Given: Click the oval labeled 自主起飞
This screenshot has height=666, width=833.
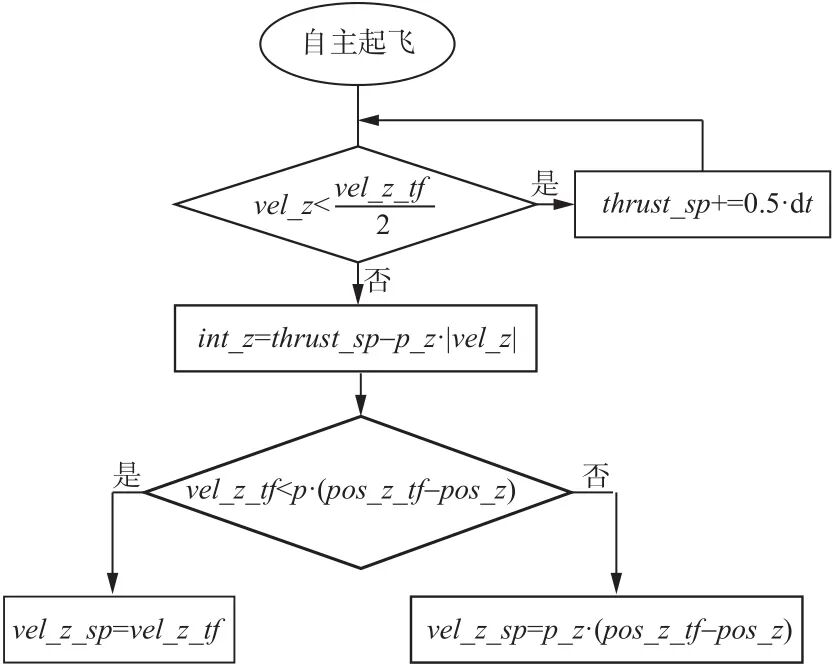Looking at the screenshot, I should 358,44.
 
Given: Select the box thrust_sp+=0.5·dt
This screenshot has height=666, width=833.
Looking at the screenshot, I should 703,204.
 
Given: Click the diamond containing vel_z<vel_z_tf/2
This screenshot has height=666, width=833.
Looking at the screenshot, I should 357,204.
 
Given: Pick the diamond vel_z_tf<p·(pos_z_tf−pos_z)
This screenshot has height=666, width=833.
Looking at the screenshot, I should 358,490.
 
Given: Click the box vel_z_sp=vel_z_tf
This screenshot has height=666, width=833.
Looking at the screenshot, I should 118,629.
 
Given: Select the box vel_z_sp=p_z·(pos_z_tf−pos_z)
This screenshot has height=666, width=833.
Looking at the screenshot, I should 610,629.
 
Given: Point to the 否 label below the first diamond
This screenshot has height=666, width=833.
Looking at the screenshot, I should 379,279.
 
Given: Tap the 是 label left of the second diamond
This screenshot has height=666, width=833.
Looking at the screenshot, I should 128,470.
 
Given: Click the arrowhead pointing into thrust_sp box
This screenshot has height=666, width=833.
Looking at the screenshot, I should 565,204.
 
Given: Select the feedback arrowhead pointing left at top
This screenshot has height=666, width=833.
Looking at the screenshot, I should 369,120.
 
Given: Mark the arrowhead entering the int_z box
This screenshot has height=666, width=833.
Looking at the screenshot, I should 358,297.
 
